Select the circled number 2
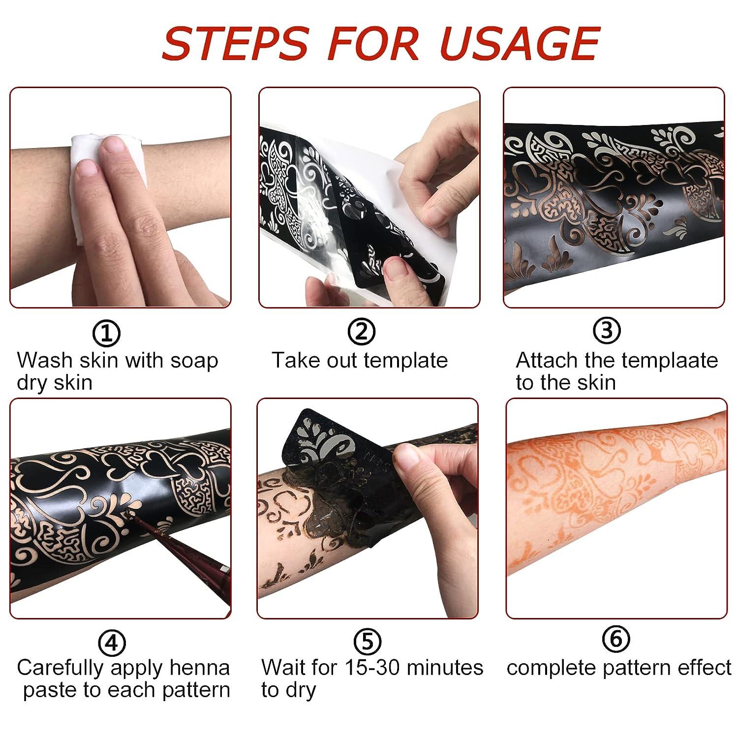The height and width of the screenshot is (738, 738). click(x=362, y=332)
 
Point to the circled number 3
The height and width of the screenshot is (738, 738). click(x=607, y=331)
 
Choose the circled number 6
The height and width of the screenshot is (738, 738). click(x=615, y=639)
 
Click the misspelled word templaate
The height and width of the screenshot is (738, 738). click(x=669, y=361)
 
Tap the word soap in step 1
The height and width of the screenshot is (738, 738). click(x=194, y=361)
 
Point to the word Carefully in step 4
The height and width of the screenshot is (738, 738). click(x=60, y=668)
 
